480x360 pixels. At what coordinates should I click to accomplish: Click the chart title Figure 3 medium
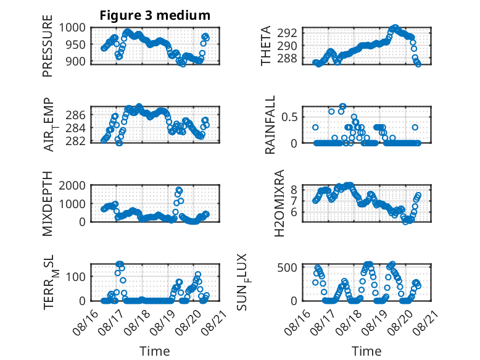pos(155,15)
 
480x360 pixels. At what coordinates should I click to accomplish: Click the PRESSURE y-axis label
pos(48,46)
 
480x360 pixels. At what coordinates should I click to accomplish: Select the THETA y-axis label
pos(266,46)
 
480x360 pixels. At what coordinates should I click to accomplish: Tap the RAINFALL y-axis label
pos(270,125)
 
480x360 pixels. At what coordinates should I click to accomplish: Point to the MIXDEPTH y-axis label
pos(48,203)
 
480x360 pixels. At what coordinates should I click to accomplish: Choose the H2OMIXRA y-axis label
pos(279,203)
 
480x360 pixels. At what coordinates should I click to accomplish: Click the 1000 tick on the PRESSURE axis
pos(72,28)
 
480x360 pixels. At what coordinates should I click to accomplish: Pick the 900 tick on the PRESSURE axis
pos(75,61)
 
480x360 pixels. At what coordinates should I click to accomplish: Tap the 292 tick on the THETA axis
pos(287,33)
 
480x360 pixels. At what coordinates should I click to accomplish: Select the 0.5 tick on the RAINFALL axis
pos(289,117)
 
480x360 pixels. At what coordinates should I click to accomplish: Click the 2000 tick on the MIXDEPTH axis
pos(72,185)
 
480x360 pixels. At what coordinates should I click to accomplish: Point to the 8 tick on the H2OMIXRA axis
pos(294,190)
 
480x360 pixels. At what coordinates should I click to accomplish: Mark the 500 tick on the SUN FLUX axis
pos(287,267)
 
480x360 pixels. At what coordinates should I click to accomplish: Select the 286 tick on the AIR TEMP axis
pos(75,115)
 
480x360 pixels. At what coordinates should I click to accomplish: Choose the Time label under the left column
pos(155,351)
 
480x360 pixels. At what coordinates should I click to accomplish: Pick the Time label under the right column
pos(366,351)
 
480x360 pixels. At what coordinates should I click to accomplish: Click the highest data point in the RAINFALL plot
pos(342,107)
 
